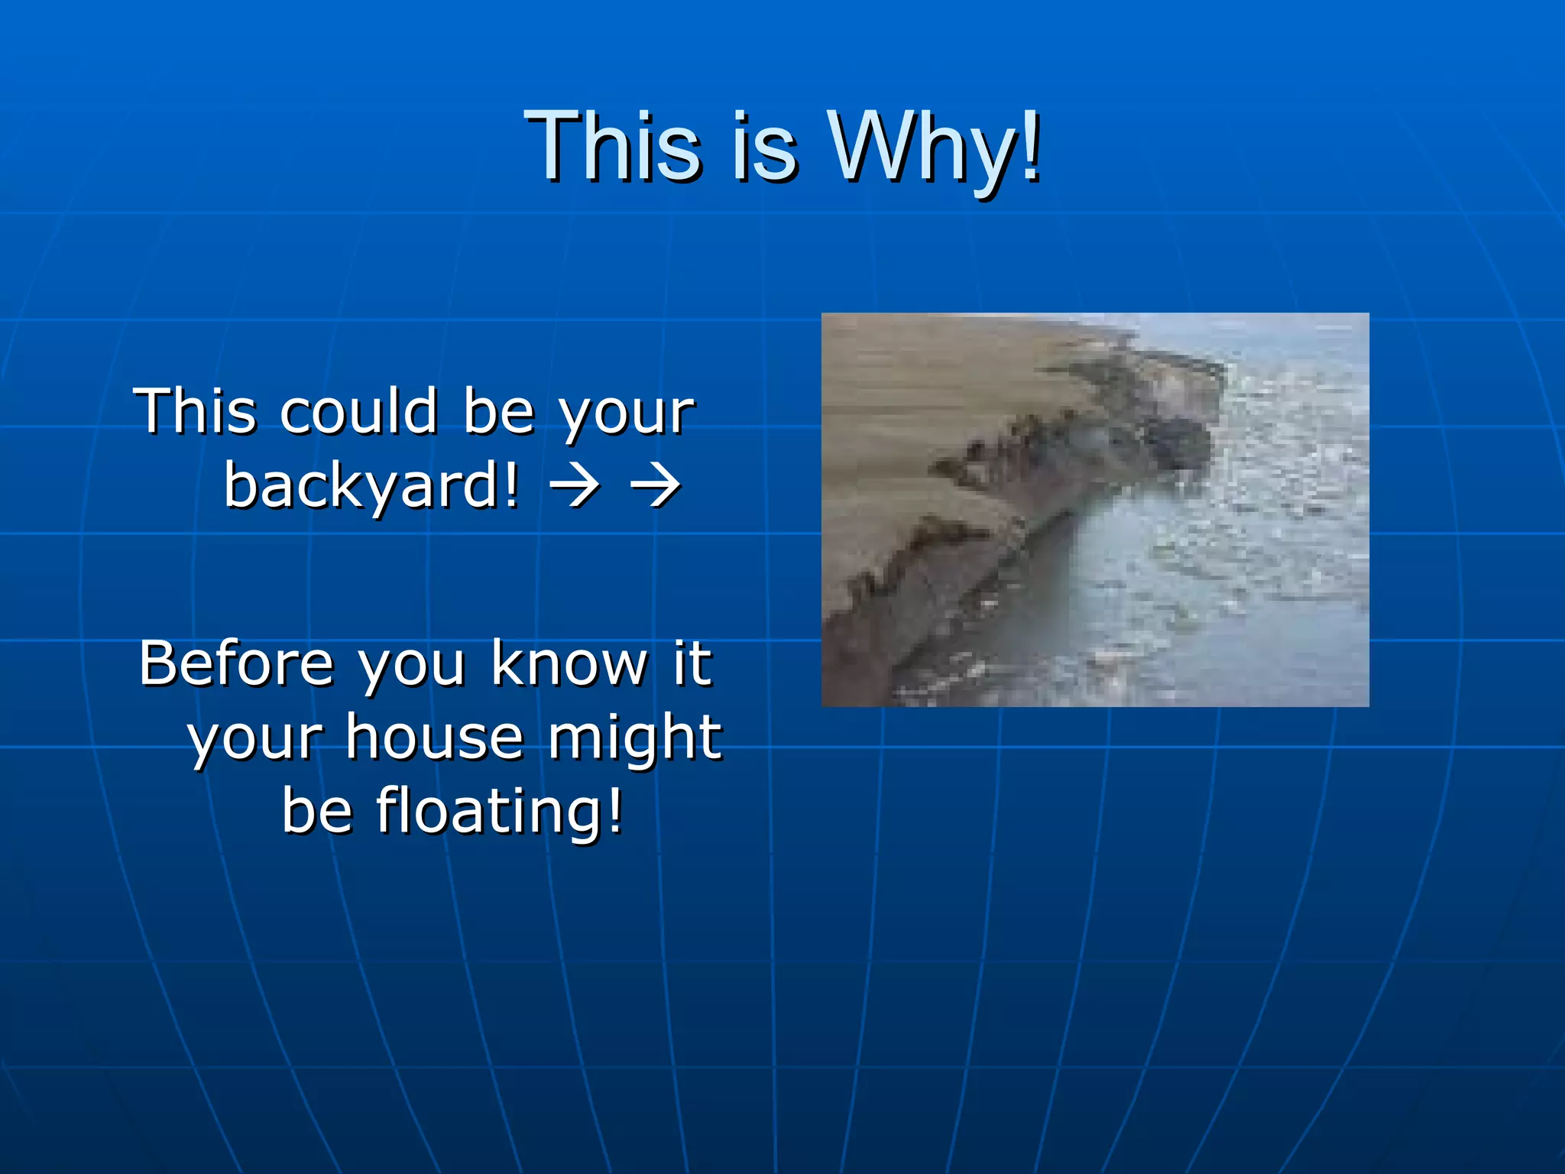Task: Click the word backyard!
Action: (x=371, y=486)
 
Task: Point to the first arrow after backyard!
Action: (x=575, y=486)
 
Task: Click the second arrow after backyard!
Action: (x=655, y=486)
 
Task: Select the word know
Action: (x=569, y=663)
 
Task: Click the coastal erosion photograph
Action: (x=1095, y=510)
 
